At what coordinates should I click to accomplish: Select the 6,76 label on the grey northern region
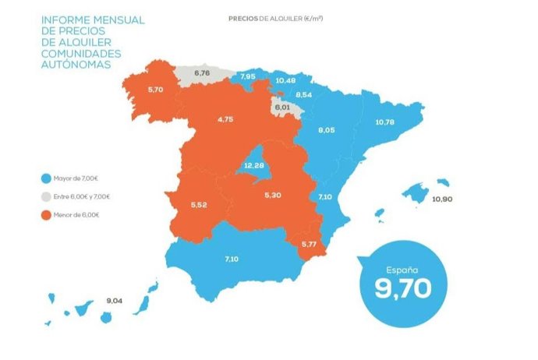(x=201, y=73)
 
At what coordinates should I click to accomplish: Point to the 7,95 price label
(x=248, y=76)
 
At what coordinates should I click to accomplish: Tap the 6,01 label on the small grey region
(x=281, y=107)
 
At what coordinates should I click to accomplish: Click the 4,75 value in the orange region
(x=225, y=120)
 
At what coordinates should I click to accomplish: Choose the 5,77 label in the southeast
(x=310, y=245)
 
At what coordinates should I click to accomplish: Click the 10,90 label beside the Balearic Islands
(x=441, y=199)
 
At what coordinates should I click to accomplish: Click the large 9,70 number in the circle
(x=402, y=288)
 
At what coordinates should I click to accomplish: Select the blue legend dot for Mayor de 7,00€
(x=48, y=178)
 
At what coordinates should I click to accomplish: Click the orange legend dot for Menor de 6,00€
(x=48, y=214)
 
